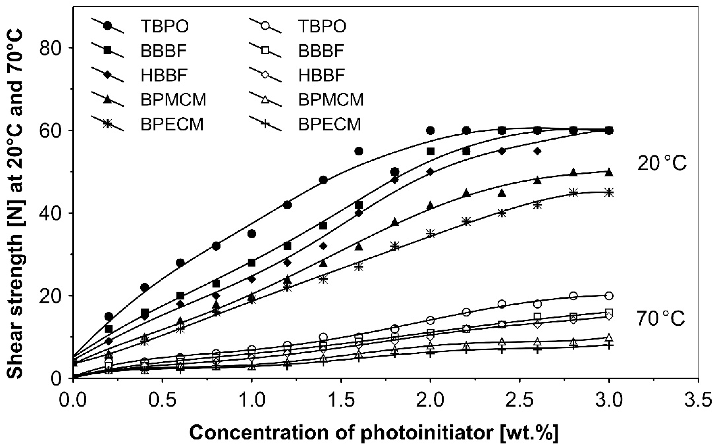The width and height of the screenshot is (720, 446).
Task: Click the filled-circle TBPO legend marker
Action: pos(108,26)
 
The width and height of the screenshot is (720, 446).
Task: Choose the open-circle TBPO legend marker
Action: pos(265,26)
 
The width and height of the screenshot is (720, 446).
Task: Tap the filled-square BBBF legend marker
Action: pos(108,50)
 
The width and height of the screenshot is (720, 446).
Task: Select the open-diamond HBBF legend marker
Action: pos(265,75)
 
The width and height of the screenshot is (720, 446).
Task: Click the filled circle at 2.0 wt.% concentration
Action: pos(431,130)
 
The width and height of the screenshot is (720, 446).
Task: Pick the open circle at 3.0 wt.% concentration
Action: pos(609,295)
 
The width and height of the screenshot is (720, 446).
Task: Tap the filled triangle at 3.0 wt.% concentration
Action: pos(609,172)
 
